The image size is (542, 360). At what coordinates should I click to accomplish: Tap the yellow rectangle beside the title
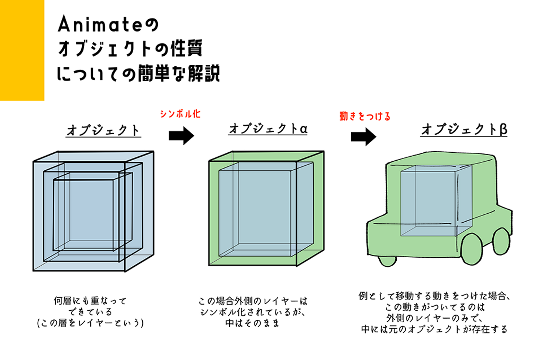tap(22, 50)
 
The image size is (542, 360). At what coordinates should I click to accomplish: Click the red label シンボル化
tap(180, 114)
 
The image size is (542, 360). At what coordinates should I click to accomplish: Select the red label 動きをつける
tap(365, 116)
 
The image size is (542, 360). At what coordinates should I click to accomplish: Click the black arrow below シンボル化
tap(181, 136)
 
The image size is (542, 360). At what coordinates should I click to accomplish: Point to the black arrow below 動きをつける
tap(363, 137)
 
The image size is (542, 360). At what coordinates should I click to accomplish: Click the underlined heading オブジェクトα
tap(268, 129)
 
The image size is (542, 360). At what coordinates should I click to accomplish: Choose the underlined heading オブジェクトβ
tap(464, 129)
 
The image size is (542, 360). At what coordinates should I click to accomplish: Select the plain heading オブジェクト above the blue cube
tap(103, 130)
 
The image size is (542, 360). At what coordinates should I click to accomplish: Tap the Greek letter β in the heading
tap(503, 129)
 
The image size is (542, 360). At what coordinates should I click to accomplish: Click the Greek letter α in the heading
tap(303, 129)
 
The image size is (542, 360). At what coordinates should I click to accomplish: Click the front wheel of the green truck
tap(471, 249)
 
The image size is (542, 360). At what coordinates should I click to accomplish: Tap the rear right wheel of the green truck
tap(501, 241)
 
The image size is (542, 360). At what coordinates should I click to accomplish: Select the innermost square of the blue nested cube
tap(84, 214)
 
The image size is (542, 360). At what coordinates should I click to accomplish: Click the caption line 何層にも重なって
tap(90, 301)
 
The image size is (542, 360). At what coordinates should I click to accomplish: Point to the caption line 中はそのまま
tap(252, 323)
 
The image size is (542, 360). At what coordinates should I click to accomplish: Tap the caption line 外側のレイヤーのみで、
tap(434, 318)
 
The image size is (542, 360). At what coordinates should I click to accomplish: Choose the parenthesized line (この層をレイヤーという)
tap(90, 323)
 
